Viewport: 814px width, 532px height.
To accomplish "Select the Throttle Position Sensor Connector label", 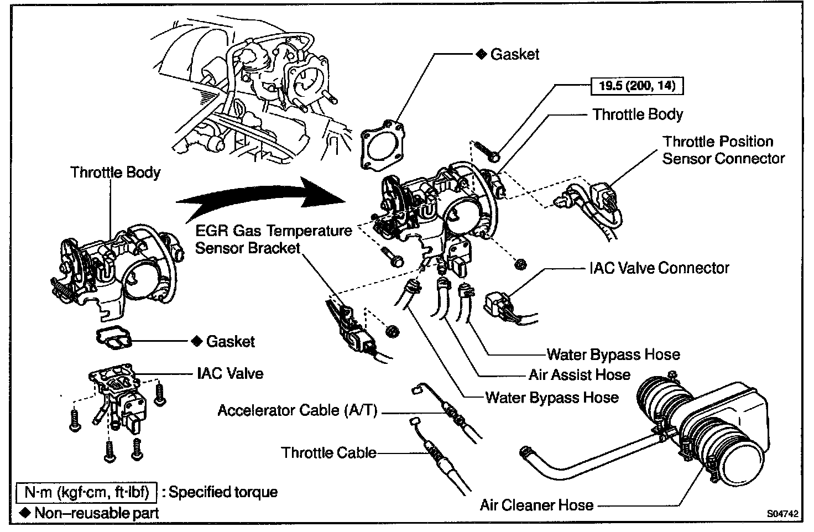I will coord(723,150).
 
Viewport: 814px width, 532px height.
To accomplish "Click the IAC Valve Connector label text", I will coord(659,268).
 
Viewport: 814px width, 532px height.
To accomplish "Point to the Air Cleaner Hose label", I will coord(536,505).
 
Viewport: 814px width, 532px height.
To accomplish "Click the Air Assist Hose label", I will coord(579,375).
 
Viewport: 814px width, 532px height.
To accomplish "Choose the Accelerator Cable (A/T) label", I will coord(297,410).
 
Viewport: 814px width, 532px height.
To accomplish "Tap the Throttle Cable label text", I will coord(328,453).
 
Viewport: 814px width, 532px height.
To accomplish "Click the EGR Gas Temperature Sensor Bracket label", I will coord(274,239).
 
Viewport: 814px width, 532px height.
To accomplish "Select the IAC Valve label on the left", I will coord(230,373).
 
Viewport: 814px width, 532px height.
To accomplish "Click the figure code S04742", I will coord(782,514).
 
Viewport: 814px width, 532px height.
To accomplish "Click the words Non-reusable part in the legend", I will coord(96,513).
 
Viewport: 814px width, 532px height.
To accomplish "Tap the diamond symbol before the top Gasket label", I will coord(481,54).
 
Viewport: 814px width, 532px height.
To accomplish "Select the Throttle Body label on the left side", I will coord(115,172).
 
